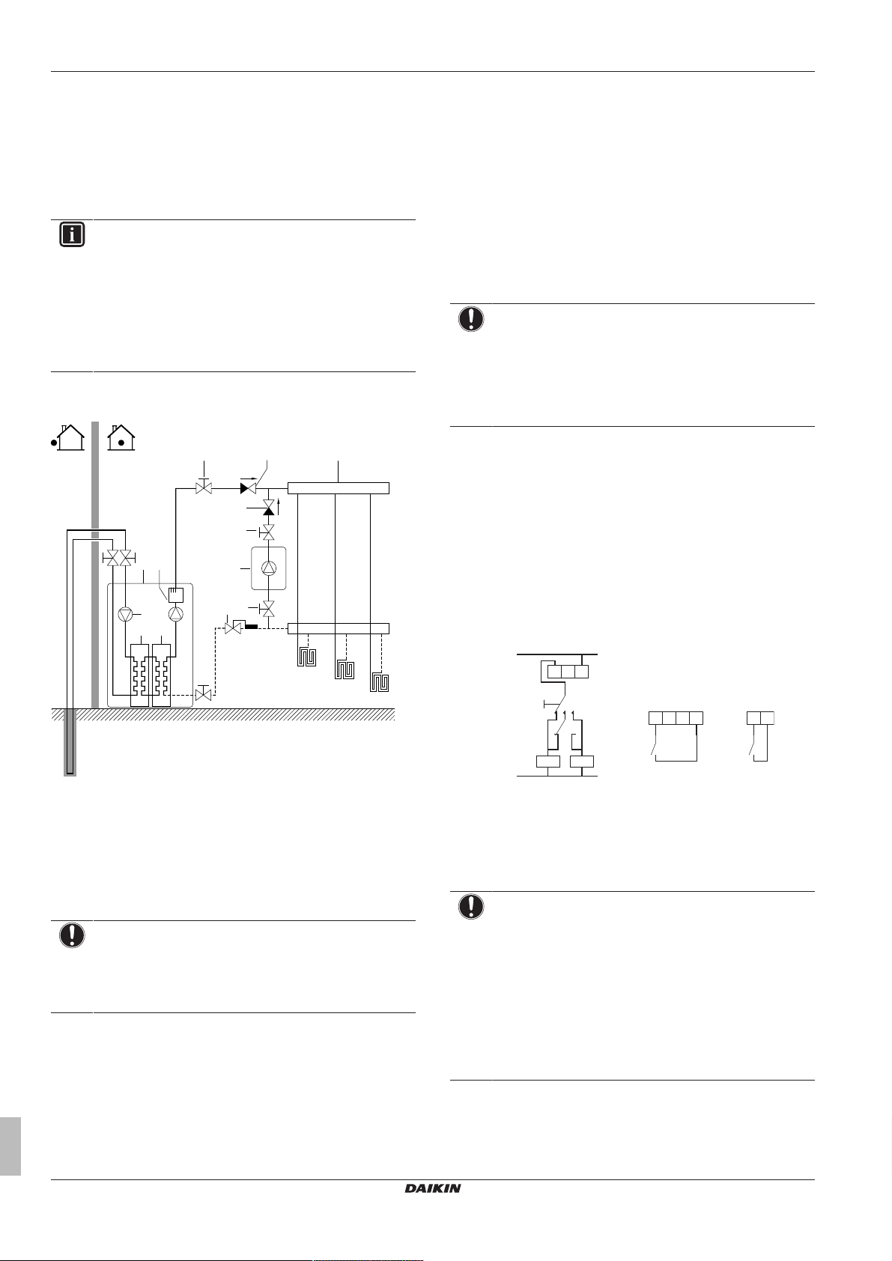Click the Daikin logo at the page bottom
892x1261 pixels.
pyautogui.click(x=433, y=1188)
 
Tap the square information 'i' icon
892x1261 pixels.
pyautogui.click(x=72, y=234)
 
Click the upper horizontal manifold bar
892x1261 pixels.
pyautogui.click(x=339, y=488)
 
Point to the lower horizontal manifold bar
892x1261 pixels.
pyautogui.click(x=339, y=628)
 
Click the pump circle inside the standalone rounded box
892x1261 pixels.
pyautogui.click(x=268, y=568)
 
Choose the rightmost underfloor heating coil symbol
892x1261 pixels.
pyautogui.click(x=381, y=682)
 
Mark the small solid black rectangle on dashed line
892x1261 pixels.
pyautogui.click(x=252, y=627)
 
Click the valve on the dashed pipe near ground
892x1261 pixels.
pyautogui.click(x=202, y=695)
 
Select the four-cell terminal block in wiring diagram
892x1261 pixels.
pyautogui.click(x=676, y=718)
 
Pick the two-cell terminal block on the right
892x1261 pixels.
pyautogui.click(x=760, y=718)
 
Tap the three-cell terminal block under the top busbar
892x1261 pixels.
pyautogui.click(x=567, y=671)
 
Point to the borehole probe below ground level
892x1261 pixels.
pyautogui.click(x=70, y=741)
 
